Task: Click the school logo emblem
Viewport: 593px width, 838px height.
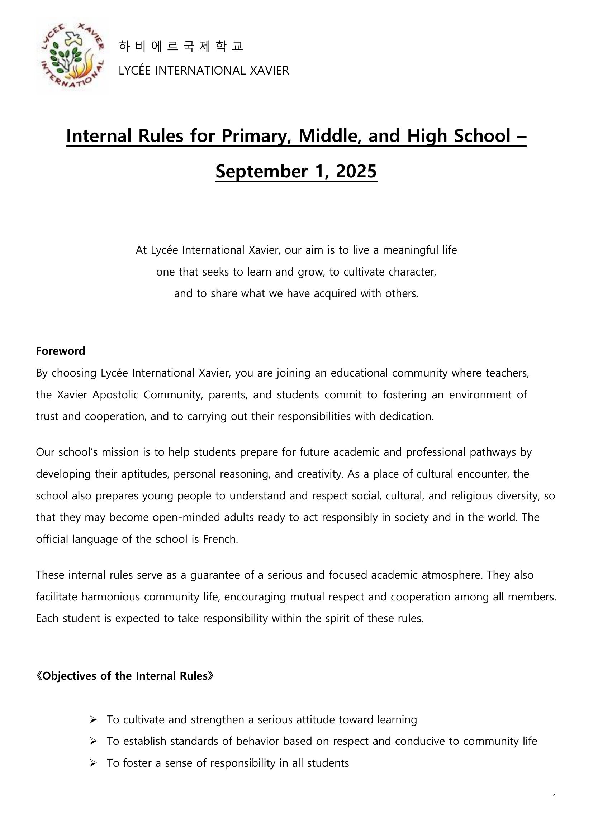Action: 72,57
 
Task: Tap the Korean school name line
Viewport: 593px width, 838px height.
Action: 181,46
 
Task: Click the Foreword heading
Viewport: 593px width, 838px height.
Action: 60,351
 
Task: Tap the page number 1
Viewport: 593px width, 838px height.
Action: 555,798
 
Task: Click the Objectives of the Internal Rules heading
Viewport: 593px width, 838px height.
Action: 124,676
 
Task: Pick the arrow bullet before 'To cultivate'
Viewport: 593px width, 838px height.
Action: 93,720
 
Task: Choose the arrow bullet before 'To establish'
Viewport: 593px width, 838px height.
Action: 93,741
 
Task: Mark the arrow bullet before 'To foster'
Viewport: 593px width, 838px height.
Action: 93,763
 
